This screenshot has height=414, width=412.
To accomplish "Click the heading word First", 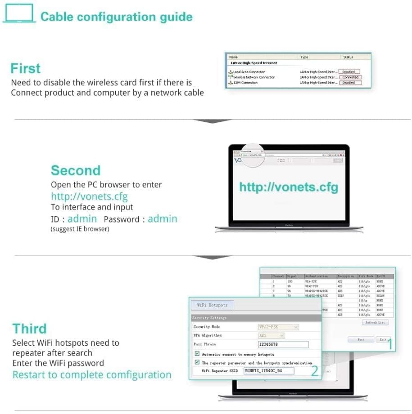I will (x=26, y=68).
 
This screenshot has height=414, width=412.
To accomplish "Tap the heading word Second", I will (x=76, y=170).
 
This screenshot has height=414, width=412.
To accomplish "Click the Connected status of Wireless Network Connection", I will (x=350, y=77).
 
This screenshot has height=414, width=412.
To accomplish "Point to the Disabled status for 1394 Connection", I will (x=349, y=83).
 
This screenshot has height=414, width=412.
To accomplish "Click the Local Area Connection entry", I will (x=249, y=72).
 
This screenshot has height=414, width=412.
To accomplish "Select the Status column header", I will (x=348, y=57).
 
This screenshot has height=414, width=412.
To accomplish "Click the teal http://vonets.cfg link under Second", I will (x=89, y=196).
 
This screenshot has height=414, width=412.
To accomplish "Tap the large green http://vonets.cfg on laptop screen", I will (x=288, y=187).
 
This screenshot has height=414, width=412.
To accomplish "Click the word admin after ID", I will (x=82, y=219).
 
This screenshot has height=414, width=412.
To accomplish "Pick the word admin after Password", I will (x=163, y=219).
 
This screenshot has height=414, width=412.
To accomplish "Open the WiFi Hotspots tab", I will (x=213, y=305).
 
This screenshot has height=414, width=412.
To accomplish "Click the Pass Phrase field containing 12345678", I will (x=283, y=344).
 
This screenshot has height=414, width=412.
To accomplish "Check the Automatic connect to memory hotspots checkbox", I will (x=197, y=354).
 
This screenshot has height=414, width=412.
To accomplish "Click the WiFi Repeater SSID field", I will (x=268, y=371).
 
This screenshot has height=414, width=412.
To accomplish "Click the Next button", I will (x=361, y=339).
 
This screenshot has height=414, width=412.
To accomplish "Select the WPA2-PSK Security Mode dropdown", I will (x=278, y=327).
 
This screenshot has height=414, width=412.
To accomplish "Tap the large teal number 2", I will (x=315, y=371).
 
